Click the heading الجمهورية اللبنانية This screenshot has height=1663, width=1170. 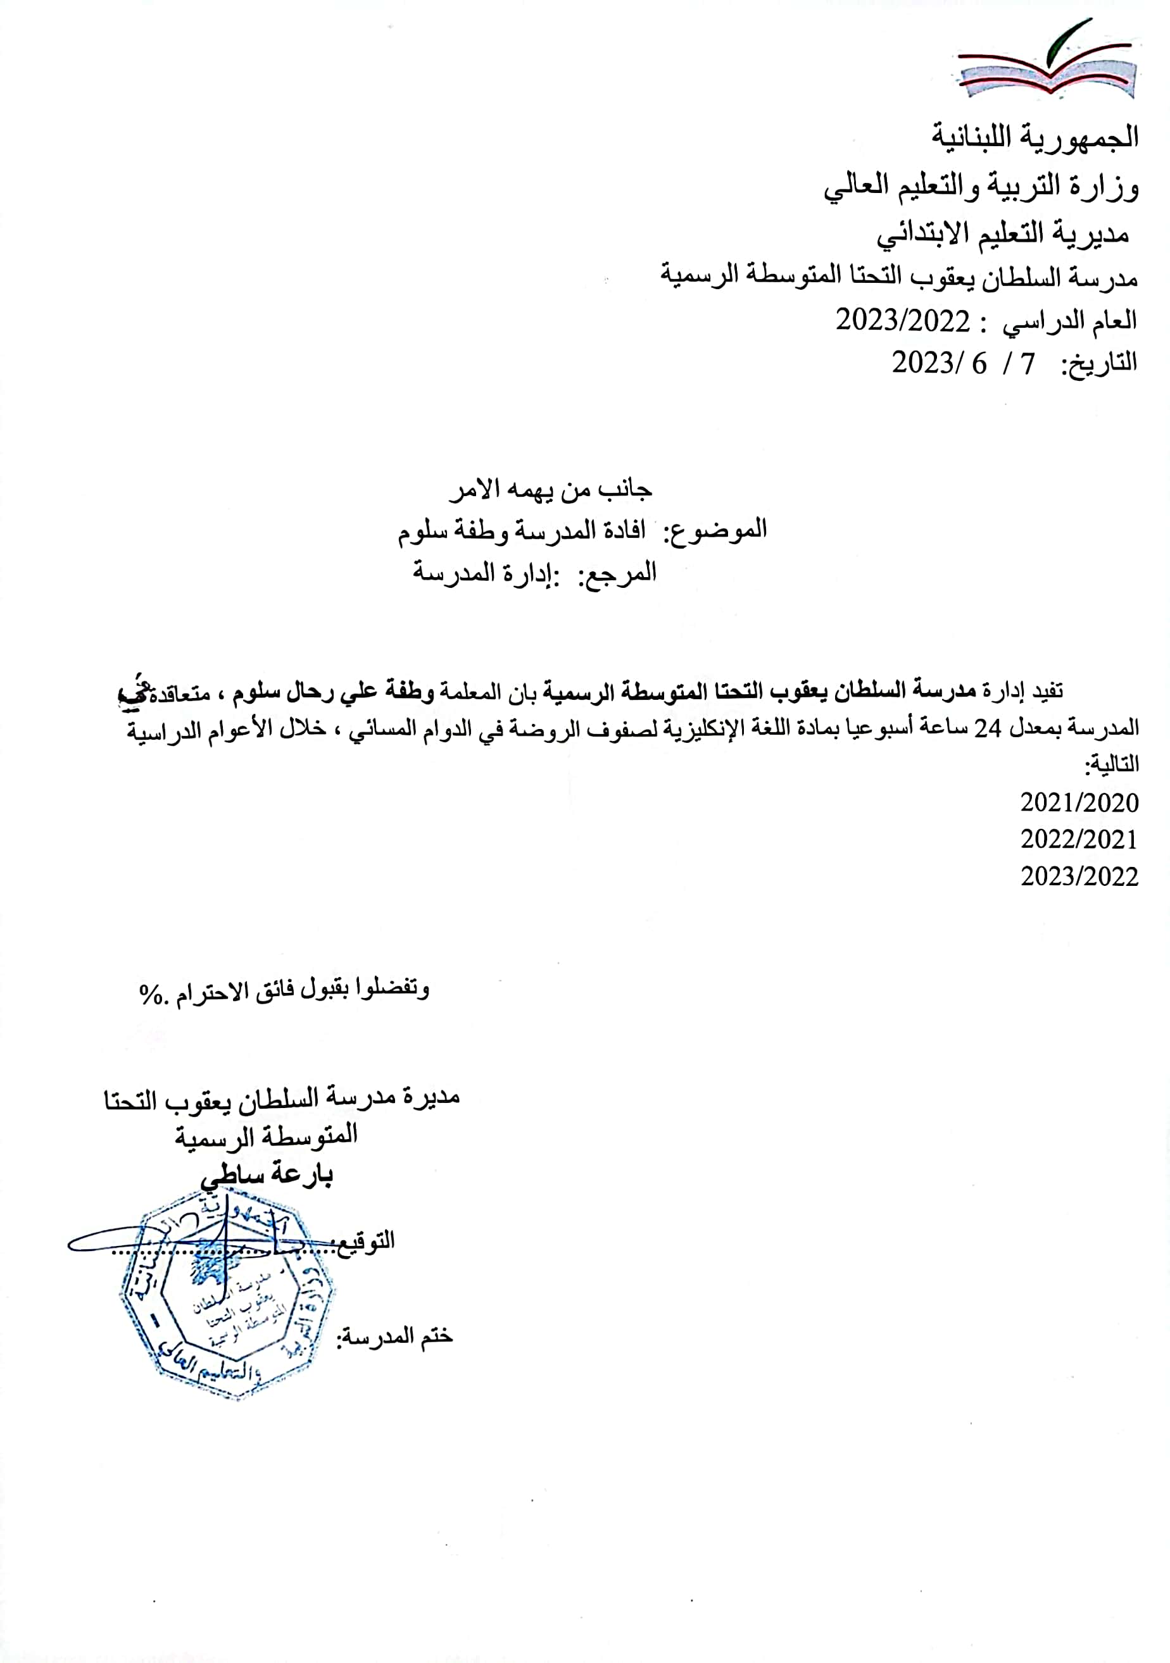coord(1035,136)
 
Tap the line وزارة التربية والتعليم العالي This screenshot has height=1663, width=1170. coord(981,186)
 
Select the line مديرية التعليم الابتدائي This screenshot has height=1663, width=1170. coord(1003,234)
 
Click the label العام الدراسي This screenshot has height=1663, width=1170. coord(1069,321)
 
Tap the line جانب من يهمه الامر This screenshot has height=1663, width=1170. coord(551,490)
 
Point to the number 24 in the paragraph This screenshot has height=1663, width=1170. coord(986,728)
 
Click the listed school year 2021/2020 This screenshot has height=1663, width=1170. coord(1079,802)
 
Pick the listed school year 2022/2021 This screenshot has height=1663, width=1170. coord(1079,840)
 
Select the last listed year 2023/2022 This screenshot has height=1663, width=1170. coord(1079,876)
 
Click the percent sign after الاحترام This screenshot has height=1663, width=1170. coord(152,993)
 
